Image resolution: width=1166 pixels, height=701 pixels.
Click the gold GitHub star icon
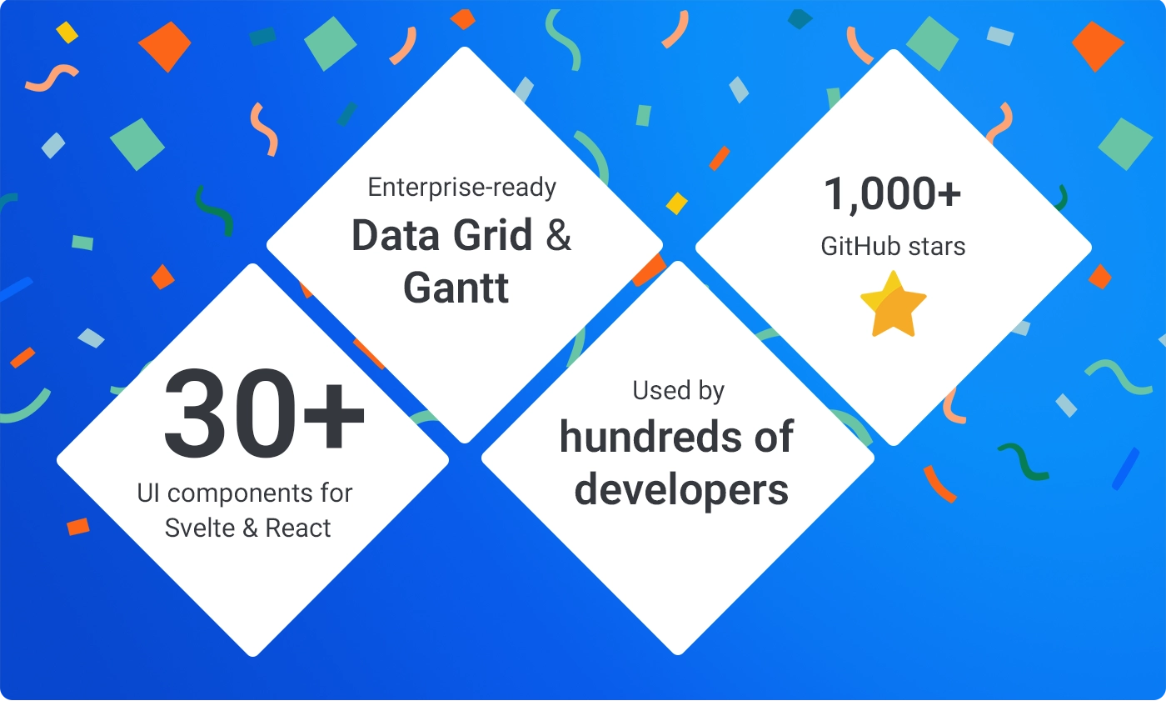click(x=893, y=305)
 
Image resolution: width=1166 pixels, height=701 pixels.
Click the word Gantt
click(x=456, y=287)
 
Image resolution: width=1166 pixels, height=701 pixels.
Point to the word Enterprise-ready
click(x=462, y=188)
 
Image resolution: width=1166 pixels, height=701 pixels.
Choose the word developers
click(x=681, y=489)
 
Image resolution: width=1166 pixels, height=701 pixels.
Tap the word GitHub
click(x=858, y=247)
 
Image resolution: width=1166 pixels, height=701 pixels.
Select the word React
click(x=298, y=528)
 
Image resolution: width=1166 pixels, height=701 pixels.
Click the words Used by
click(x=678, y=390)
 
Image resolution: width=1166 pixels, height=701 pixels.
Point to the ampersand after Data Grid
click(x=559, y=236)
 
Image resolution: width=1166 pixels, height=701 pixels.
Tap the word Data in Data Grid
click(x=393, y=236)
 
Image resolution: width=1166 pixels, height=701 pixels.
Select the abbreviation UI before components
click(x=148, y=493)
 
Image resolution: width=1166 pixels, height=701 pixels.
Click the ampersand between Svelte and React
click(x=250, y=528)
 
